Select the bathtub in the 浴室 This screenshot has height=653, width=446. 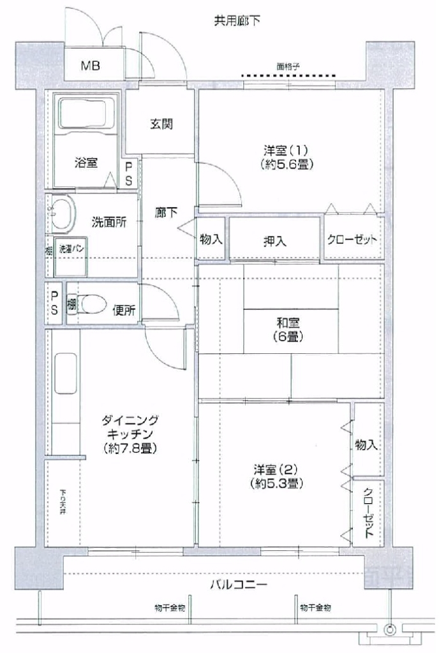tap(86, 115)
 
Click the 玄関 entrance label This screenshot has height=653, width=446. tap(161, 124)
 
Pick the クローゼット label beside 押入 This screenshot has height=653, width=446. tap(353, 240)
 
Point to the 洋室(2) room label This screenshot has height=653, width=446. tap(277, 476)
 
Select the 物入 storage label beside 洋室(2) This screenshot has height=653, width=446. tap(367, 444)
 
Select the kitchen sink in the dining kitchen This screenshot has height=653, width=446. tap(65, 374)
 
